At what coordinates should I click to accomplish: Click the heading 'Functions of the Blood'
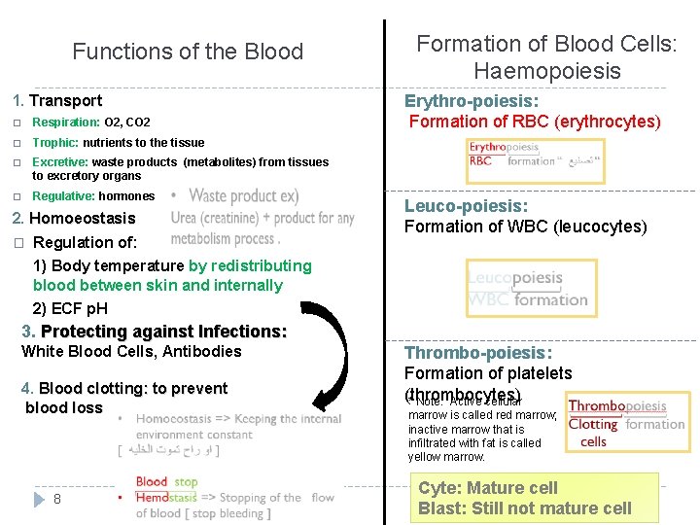(188, 52)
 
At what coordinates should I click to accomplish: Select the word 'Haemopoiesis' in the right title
(546, 71)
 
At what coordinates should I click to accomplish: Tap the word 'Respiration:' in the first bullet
(66, 122)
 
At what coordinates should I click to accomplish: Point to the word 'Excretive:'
(60, 162)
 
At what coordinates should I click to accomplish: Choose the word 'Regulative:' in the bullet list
(64, 196)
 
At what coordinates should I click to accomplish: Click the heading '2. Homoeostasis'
(73, 218)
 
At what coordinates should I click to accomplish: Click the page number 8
(58, 499)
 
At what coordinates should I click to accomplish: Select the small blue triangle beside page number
(39, 499)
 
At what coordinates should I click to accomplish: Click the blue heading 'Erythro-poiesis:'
(472, 101)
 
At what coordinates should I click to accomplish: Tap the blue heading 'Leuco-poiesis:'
(466, 206)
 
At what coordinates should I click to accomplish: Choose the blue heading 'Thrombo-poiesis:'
(477, 353)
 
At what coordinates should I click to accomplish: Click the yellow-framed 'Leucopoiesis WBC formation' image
(531, 288)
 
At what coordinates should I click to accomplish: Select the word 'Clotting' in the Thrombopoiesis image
(593, 424)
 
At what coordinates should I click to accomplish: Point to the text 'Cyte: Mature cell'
(488, 488)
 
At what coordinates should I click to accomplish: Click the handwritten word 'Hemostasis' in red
(166, 497)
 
